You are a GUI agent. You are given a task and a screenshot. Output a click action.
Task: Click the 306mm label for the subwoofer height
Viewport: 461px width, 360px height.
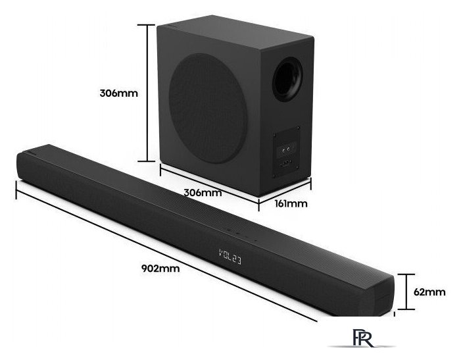[x=118, y=93]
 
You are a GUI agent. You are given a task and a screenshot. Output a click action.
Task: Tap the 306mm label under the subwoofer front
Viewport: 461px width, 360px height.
[x=203, y=193]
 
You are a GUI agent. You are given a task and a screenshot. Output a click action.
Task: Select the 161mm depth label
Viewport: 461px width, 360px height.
[x=291, y=203]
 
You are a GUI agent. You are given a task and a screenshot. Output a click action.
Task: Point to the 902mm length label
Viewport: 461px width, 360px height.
[x=160, y=269]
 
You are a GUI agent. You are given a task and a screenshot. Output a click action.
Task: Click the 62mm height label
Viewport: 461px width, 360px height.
[x=429, y=292]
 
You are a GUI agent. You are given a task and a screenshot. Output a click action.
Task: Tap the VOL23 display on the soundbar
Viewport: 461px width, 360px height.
[x=230, y=257]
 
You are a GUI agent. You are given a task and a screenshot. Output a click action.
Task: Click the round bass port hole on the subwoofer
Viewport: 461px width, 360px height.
[x=287, y=79]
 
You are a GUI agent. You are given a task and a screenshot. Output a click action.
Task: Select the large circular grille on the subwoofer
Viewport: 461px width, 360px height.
[x=208, y=108]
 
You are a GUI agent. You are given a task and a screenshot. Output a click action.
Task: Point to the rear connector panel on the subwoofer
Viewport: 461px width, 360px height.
[x=286, y=152]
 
